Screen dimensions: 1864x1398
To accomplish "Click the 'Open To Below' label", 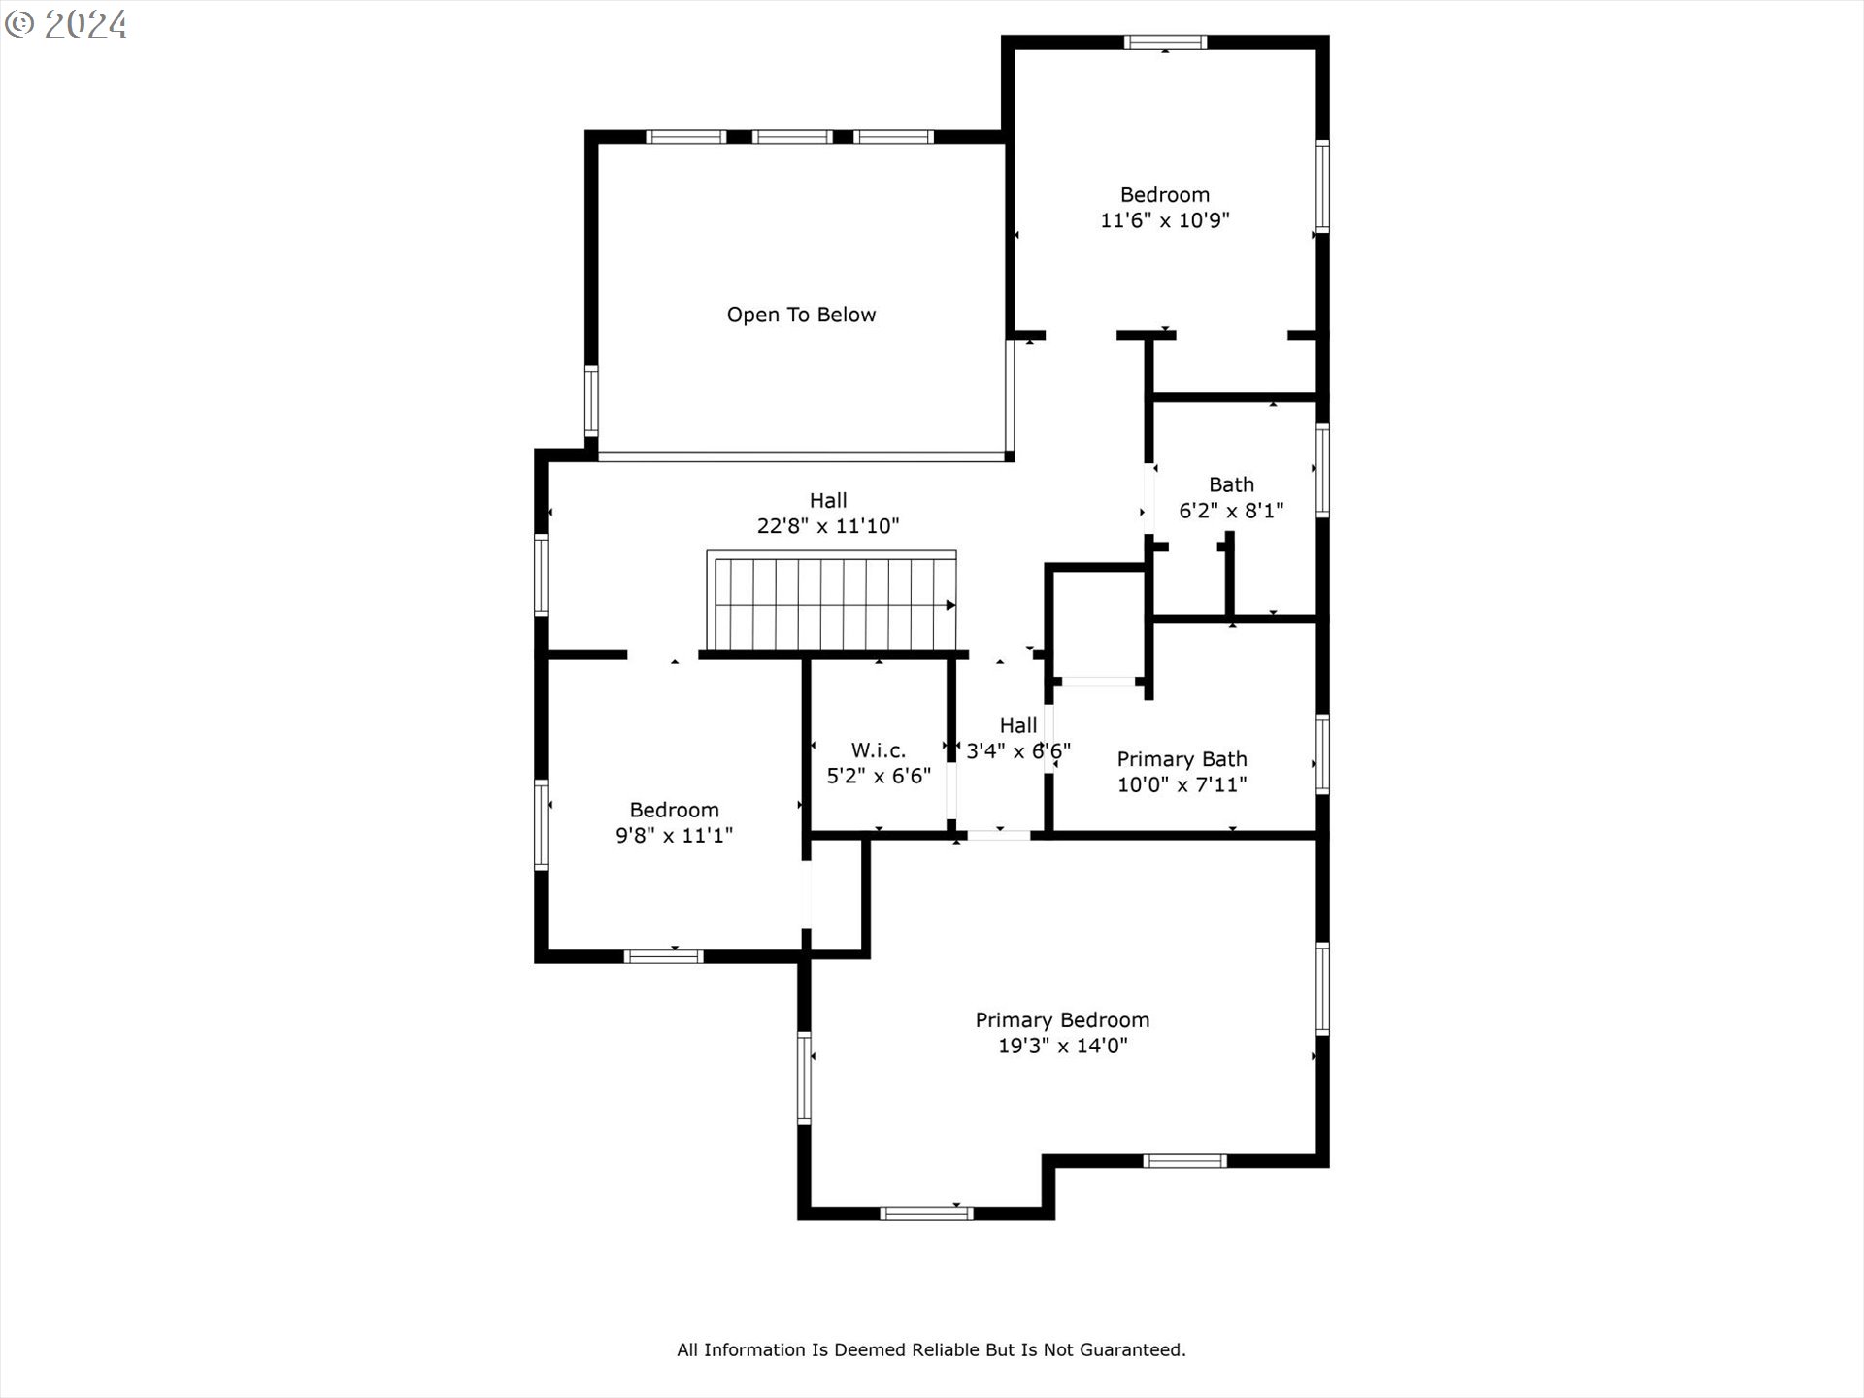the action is (x=801, y=315).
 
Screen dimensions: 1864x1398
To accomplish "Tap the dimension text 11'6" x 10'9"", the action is (x=1164, y=220).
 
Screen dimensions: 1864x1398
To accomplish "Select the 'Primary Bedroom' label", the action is (x=1062, y=1020).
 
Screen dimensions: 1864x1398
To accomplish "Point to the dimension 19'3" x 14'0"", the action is (x=1062, y=1046).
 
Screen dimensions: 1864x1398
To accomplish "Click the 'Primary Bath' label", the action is (x=1182, y=759).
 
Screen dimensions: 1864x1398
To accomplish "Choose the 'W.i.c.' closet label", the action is (x=879, y=750).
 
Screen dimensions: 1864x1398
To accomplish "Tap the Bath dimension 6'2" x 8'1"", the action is (x=1231, y=511).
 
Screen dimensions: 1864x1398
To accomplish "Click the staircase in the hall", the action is (x=832, y=602).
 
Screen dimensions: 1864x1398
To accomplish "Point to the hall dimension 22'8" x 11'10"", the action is (x=828, y=526).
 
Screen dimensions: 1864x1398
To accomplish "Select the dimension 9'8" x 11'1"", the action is (x=674, y=835).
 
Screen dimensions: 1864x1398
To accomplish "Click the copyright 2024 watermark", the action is (x=66, y=24).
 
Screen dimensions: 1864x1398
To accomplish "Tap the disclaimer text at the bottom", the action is (x=931, y=1349).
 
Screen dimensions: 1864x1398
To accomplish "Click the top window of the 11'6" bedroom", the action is (x=1165, y=42).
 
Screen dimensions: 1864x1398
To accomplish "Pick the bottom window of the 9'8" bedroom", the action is (x=663, y=956).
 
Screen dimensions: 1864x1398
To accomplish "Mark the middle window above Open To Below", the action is (x=792, y=137).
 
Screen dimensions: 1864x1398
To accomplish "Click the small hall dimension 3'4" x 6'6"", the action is (x=1018, y=750).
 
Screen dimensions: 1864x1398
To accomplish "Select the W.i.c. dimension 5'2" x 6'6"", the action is (x=879, y=776).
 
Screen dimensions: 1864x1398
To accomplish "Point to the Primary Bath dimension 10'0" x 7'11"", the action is (x=1182, y=784).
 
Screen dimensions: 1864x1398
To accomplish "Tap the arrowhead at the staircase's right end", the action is (x=951, y=606).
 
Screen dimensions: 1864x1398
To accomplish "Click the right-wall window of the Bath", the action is (x=1322, y=470).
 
